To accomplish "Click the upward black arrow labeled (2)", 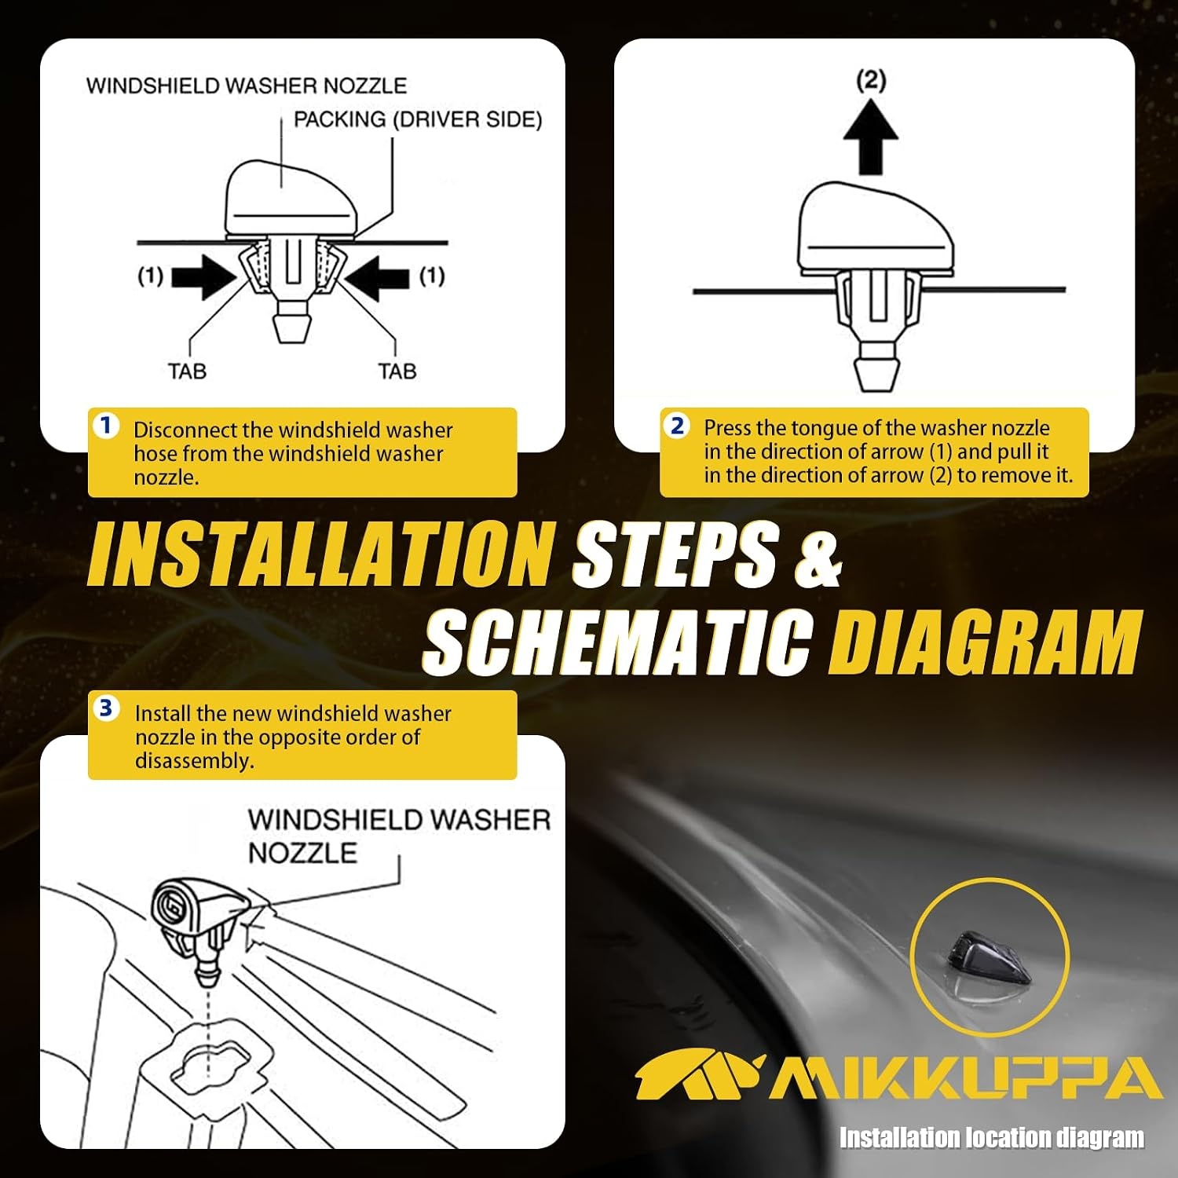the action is [870, 138].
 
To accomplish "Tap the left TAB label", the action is [187, 371].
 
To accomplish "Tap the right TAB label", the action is [397, 371].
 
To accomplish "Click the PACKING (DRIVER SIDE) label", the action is [418, 119].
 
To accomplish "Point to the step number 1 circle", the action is [106, 426].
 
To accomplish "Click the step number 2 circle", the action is [676, 426].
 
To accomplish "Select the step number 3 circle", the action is [106, 708].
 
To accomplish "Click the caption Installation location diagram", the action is [992, 1137].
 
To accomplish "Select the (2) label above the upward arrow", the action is [871, 79].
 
